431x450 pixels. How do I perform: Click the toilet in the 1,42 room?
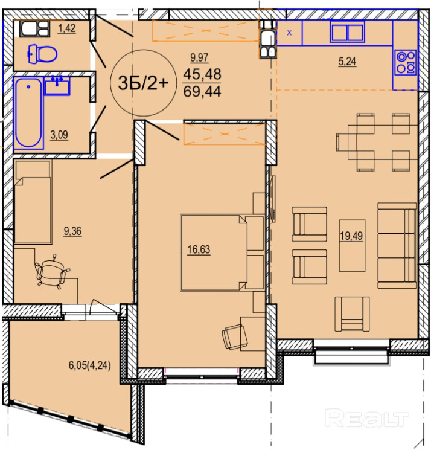(42, 53)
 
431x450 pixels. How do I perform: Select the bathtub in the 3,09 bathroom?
(28, 112)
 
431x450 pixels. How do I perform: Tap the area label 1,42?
(67, 28)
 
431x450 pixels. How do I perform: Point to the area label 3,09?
(59, 135)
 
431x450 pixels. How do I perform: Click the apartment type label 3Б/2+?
(143, 83)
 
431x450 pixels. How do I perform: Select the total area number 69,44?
(202, 92)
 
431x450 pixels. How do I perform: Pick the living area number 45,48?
(202, 74)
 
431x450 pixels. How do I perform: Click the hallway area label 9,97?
(199, 58)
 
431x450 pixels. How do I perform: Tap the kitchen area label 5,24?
(347, 61)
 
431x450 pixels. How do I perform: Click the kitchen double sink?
(347, 31)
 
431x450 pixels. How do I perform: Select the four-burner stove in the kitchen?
(405, 63)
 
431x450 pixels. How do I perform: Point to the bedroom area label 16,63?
(199, 249)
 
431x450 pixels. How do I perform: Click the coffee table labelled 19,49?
(352, 245)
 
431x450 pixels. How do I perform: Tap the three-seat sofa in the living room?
(397, 245)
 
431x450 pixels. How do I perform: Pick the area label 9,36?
(72, 231)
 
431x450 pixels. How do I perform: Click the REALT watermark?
(368, 419)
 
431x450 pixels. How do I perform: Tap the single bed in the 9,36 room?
(33, 202)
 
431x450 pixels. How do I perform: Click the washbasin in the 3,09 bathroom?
(57, 86)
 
